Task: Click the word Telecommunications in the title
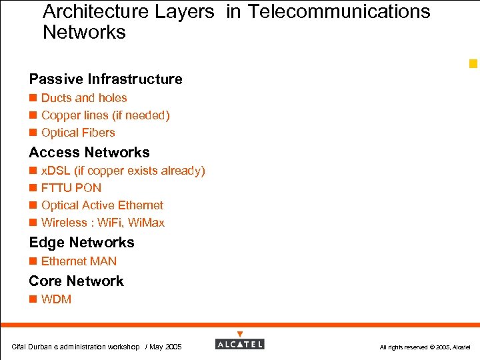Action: coord(339,12)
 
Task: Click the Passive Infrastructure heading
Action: coord(105,79)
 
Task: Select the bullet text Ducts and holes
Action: coord(84,98)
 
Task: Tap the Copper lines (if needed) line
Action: coord(105,115)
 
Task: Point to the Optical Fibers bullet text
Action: coord(78,133)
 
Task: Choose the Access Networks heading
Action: coord(89,153)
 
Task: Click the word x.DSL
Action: coord(57,171)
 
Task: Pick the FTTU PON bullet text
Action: coord(71,188)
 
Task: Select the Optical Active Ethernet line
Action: coord(102,205)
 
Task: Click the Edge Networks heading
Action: coord(81,243)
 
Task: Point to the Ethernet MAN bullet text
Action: coord(79,261)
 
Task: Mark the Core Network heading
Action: coord(76,281)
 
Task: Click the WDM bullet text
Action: coord(56,299)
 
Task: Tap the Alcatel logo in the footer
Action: coord(240,344)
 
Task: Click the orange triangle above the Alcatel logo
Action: coord(240,334)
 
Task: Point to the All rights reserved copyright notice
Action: coord(425,347)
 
